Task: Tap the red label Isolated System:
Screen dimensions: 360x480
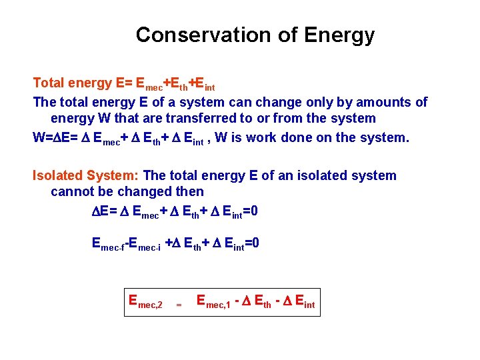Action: coord(86,176)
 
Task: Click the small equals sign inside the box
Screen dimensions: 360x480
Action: coord(178,305)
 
